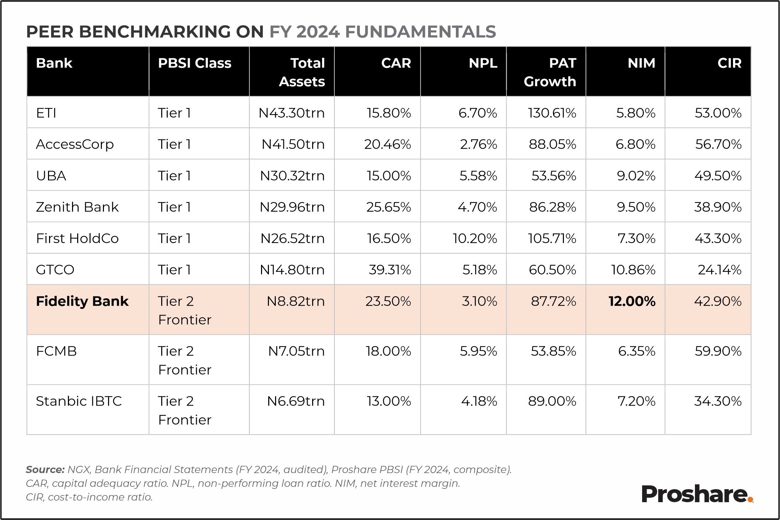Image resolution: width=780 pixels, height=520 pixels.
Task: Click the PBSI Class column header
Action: click(x=194, y=63)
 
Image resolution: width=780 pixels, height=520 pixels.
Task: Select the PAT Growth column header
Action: click(x=550, y=72)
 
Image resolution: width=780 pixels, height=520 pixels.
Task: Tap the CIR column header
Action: click(x=729, y=63)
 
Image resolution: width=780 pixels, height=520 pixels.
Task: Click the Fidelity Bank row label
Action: click(x=82, y=301)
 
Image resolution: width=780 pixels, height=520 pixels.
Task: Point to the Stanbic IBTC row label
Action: click(x=79, y=401)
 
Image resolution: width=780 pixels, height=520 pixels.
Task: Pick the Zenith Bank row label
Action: click(x=77, y=207)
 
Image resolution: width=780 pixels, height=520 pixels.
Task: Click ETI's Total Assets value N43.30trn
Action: click(x=292, y=113)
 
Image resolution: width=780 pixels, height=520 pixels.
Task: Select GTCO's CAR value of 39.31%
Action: click(x=390, y=270)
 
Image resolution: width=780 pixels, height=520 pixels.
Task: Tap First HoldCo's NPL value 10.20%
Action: click(x=475, y=239)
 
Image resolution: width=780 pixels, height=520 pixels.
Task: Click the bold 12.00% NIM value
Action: click(x=632, y=301)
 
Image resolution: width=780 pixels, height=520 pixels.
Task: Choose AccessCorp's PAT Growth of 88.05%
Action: click(x=552, y=144)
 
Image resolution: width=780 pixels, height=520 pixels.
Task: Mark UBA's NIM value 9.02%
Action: click(x=636, y=176)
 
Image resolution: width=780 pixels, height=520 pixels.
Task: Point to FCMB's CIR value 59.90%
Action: click(x=718, y=351)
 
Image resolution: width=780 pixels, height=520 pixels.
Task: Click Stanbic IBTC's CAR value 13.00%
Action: click(x=389, y=401)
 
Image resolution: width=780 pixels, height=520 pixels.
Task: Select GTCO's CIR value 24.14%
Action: click(x=720, y=270)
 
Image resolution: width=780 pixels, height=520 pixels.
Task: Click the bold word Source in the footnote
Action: click(x=45, y=470)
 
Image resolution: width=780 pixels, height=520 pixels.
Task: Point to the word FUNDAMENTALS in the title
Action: click(x=421, y=32)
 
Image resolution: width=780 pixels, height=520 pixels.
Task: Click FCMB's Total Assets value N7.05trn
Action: click(x=296, y=351)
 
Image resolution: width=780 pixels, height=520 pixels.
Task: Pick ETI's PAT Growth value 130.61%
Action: click(x=552, y=113)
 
